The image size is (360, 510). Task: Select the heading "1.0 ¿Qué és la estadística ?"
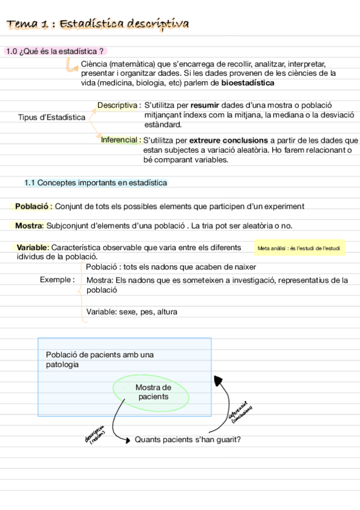point(59,52)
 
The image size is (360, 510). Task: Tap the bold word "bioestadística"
point(248,83)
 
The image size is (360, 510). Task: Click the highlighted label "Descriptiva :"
point(119,105)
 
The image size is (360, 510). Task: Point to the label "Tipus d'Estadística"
point(52,117)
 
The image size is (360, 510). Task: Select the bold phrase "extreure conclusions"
point(229,140)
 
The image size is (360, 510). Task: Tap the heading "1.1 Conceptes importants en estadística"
point(96,182)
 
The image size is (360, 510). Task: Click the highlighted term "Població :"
point(34,206)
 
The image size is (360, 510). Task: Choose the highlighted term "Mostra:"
point(29,226)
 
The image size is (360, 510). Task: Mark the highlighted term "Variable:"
point(33,247)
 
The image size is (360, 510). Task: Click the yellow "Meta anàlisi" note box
point(299,248)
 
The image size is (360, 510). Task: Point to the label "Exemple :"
point(57,280)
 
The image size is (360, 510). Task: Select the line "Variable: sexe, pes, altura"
point(132,312)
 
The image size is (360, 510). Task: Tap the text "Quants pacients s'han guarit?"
point(188,440)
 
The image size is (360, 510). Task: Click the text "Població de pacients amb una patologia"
point(100,360)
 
